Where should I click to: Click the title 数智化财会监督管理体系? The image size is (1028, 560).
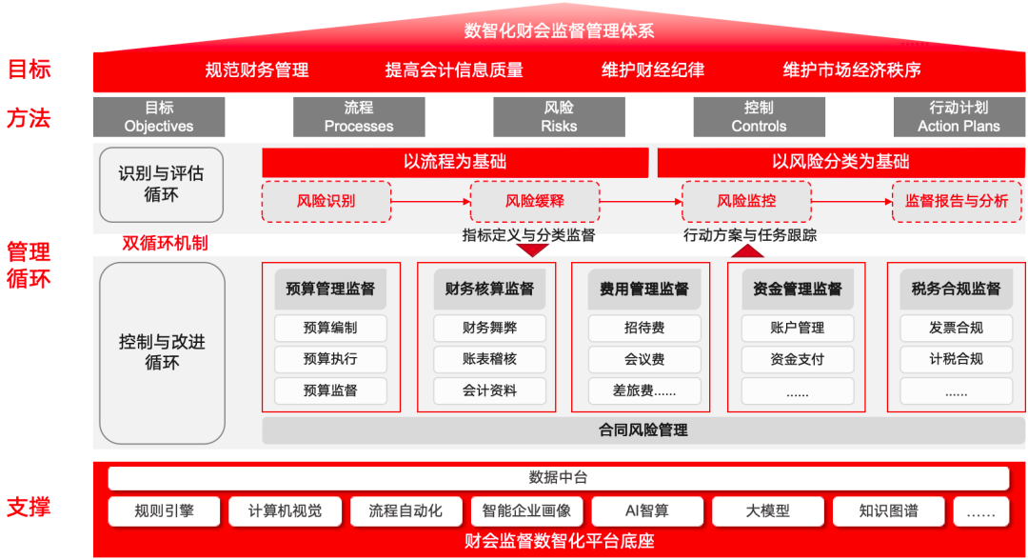click(x=559, y=30)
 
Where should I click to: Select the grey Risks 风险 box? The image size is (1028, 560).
click(x=559, y=117)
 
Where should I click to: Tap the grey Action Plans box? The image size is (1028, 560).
click(x=959, y=117)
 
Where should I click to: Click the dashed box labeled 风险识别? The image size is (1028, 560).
click(x=326, y=202)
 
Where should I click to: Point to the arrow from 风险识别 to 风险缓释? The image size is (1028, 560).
click(x=430, y=202)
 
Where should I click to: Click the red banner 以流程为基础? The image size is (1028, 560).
click(x=455, y=162)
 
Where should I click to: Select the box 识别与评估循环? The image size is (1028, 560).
click(x=161, y=185)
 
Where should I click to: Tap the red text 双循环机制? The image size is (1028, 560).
click(x=165, y=243)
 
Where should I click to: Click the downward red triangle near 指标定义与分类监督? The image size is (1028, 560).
click(x=532, y=250)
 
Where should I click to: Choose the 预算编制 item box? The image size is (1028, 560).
click(x=330, y=329)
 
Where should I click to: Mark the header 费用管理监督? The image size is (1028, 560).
click(x=644, y=289)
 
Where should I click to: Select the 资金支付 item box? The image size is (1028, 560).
click(x=797, y=360)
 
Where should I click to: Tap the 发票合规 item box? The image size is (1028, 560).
click(x=956, y=329)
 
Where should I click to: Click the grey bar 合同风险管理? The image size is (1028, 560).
click(x=643, y=430)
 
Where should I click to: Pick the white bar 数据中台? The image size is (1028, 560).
click(x=559, y=478)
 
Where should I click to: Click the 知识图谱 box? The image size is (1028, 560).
click(x=888, y=511)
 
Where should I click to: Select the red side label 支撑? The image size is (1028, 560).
click(x=29, y=508)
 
